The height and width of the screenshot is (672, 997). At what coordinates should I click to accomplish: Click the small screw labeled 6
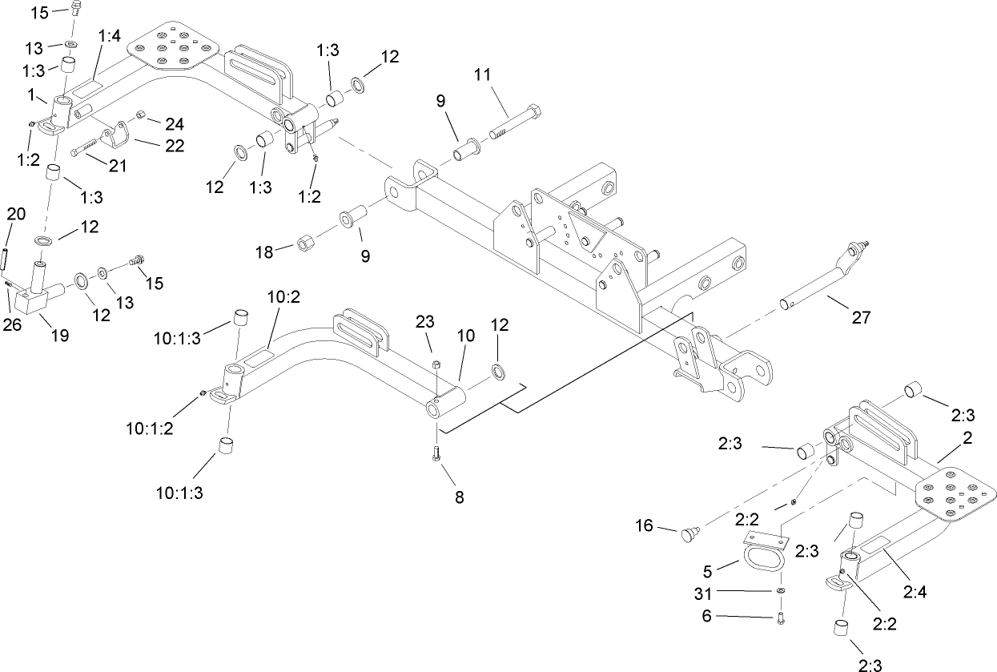pyautogui.click(x=782, y=617)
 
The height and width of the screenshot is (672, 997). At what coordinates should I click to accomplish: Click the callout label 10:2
pyautogui.click(x=283, y=297)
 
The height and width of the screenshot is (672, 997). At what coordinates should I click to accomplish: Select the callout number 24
pyautogui.click(x=175, y=124)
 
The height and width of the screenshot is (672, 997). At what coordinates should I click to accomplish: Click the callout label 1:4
pyautogui.click(x=110, y=36)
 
